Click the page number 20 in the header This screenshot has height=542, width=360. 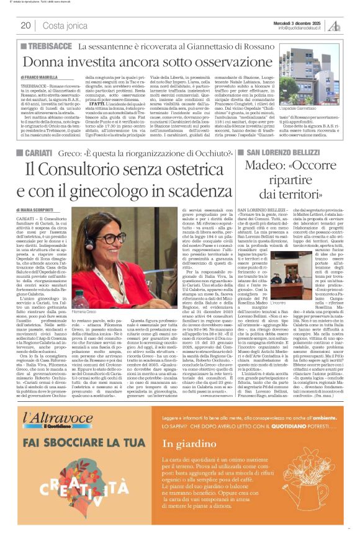(25, 25)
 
